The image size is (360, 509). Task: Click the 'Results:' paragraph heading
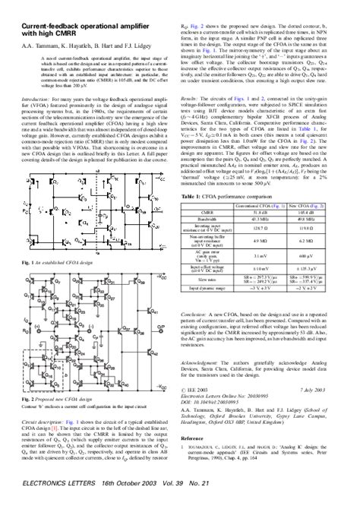click(196, 119)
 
